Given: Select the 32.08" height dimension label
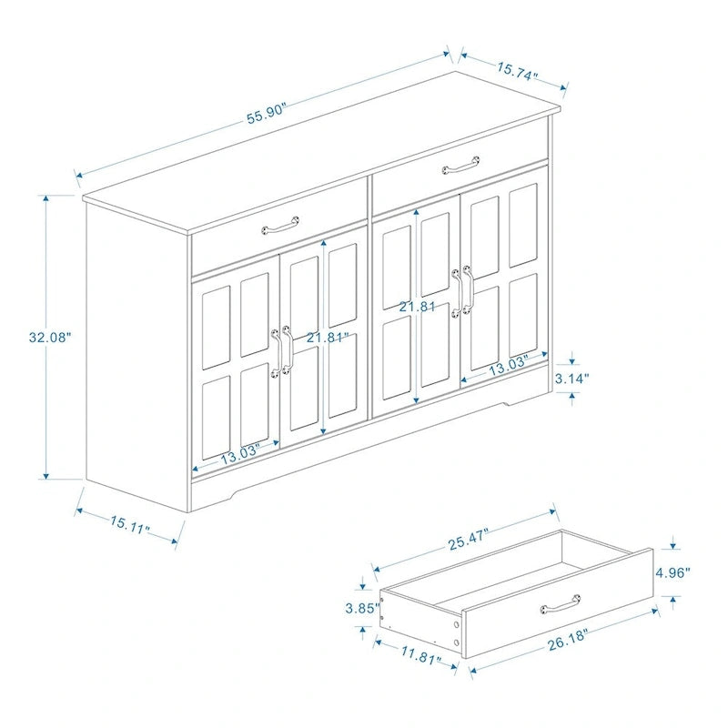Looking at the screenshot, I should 50,337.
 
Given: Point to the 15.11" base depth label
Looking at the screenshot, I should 130,524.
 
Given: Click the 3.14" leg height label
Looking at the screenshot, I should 573,377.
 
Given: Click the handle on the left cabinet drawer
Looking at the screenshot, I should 280,223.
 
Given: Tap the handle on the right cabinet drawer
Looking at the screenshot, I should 460,166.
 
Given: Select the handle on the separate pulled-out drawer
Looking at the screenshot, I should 561,602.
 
